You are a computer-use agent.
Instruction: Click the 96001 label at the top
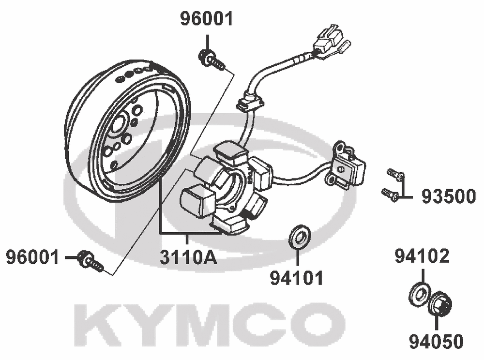point(207,19)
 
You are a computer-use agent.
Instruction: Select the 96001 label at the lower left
point(32,257)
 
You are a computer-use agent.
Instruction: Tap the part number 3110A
point(188,257)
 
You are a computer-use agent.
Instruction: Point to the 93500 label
point(449,196)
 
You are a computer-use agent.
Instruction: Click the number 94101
point(297,278)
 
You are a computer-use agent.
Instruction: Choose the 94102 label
point(422,256)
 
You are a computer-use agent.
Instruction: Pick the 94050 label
point(436,341)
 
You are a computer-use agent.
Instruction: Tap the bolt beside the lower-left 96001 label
point(90,261)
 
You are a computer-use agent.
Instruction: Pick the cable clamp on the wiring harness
point(251,102)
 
